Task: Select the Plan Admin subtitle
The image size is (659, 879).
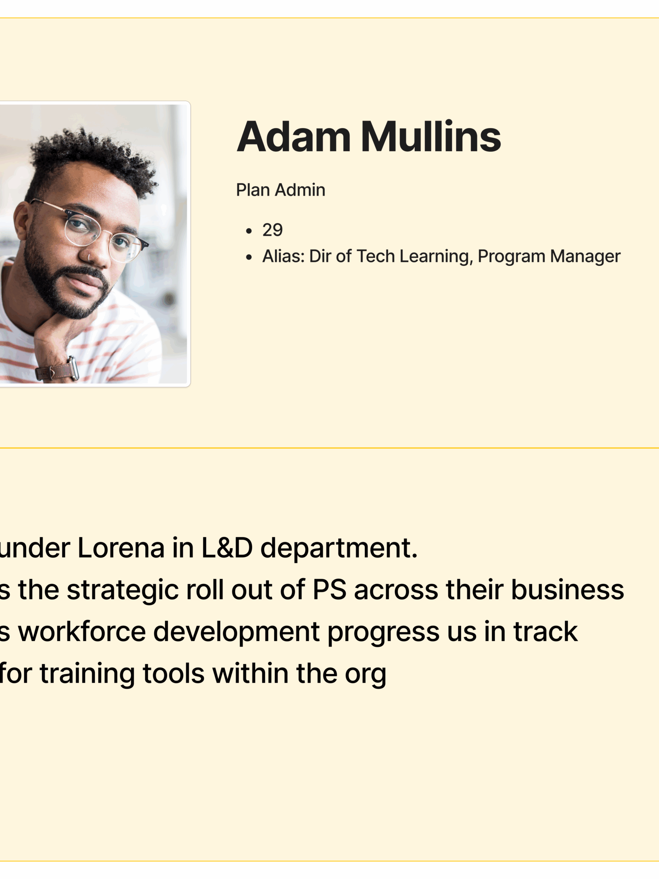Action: tap(281, 190)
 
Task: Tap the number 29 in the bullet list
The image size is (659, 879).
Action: tap(272, 230)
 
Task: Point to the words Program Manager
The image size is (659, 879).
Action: tap(549, 257)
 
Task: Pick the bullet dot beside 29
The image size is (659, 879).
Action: tap(249, 231)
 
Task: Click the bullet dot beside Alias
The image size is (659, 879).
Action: tap(249, 257)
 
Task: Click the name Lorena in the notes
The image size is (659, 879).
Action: tap(121, 548)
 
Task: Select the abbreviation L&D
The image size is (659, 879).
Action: tap(227, 548)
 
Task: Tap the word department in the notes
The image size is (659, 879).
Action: tap(339, 549)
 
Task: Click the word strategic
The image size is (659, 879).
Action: tap(123, 590)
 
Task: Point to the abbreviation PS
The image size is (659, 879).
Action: tap(330, 590)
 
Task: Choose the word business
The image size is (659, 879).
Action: tap(568, 590)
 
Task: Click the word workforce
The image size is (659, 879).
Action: tap(82, 632)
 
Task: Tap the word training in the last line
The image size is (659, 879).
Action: tap(87, 674)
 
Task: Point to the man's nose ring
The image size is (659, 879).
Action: tap(89, 257)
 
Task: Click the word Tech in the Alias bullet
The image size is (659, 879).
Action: tap(376, 256)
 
